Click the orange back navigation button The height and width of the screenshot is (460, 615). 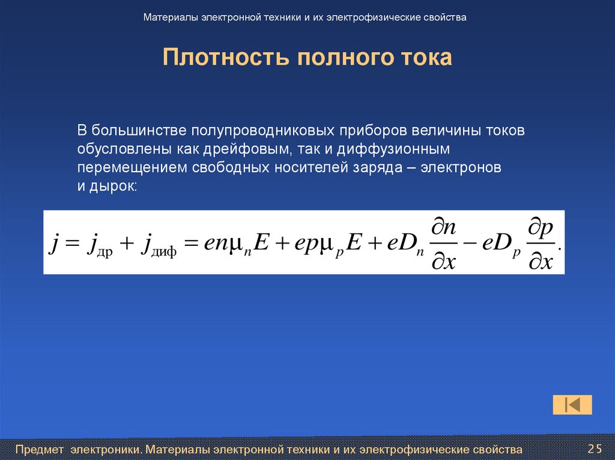(572, 405)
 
